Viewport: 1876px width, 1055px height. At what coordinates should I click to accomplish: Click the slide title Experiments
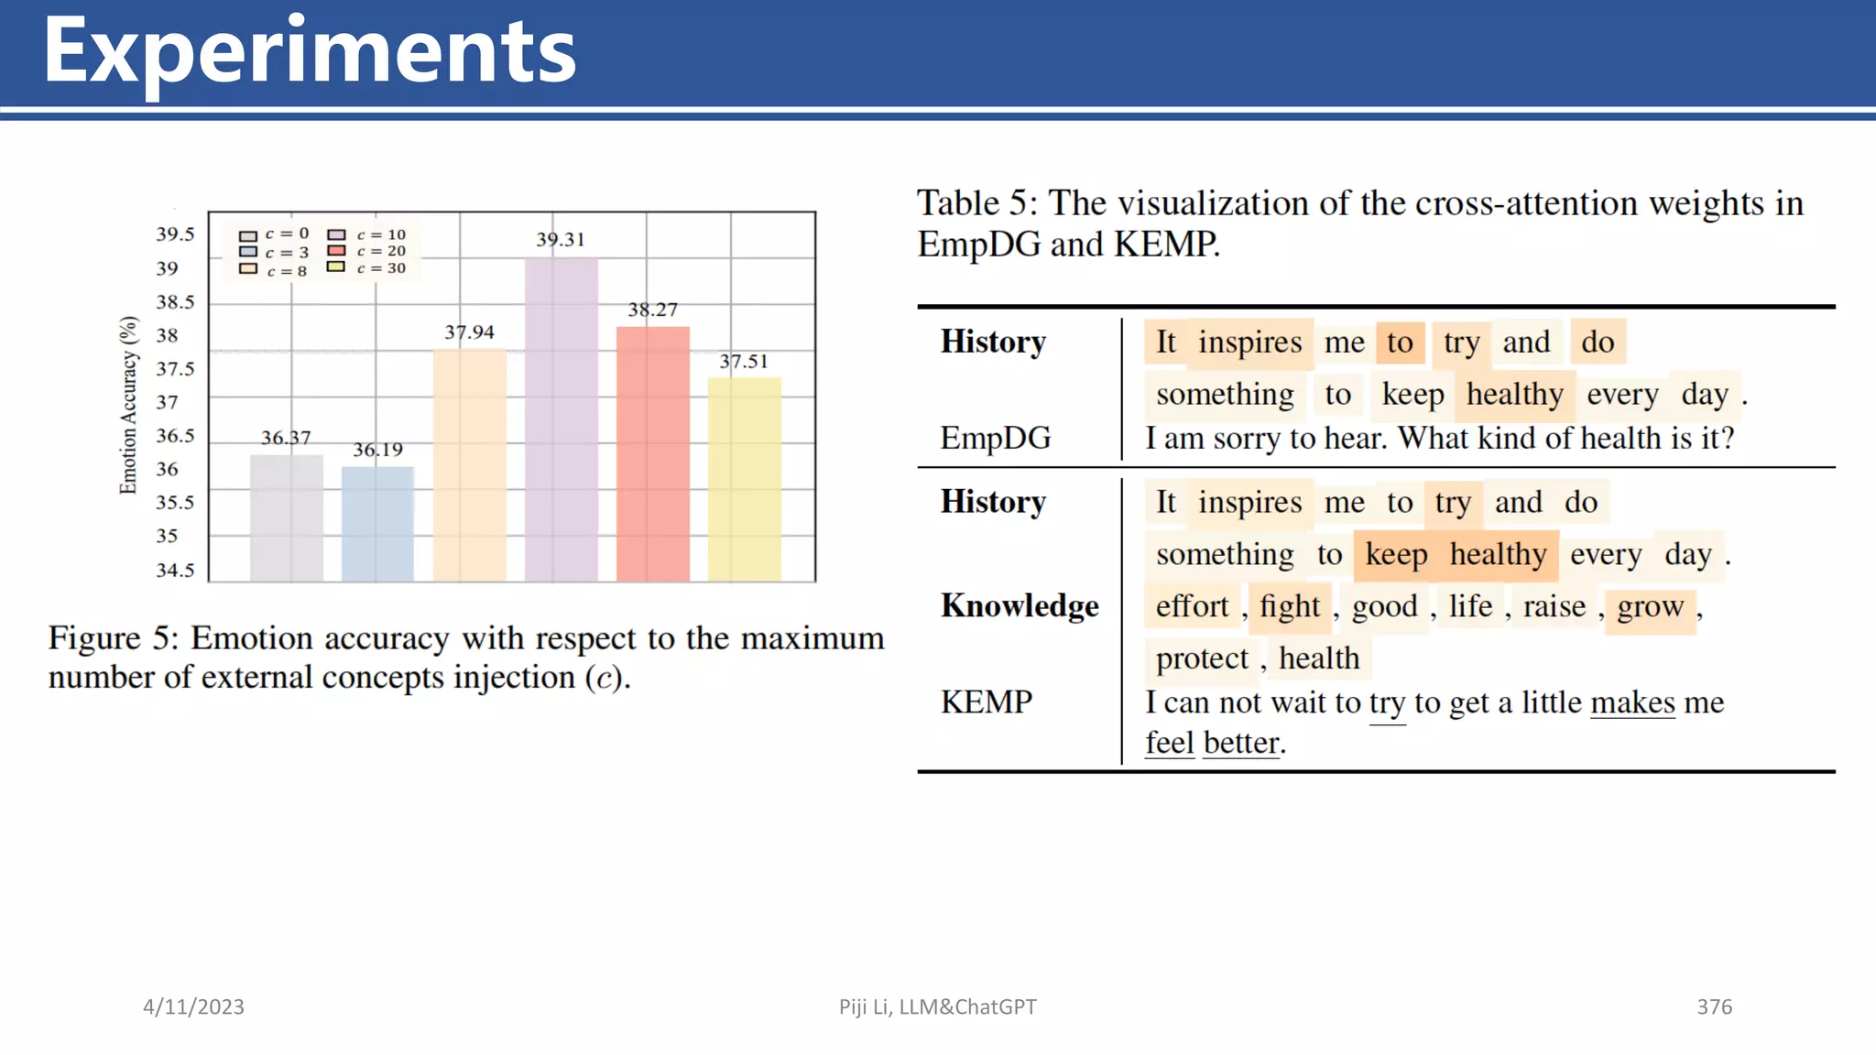click(310, 53)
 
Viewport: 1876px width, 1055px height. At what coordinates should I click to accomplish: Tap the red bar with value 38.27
click(652, 453)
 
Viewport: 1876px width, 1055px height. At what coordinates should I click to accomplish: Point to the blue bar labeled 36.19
click(377, 524)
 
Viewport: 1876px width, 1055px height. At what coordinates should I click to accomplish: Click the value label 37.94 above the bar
click(469, 332)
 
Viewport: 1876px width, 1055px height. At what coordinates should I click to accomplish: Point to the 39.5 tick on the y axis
click(175, 234)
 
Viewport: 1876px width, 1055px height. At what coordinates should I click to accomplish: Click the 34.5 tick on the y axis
click(175, 571)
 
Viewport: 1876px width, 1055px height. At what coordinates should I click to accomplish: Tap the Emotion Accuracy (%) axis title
click(128, 405)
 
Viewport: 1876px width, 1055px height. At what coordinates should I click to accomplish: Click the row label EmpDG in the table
click(996, 438)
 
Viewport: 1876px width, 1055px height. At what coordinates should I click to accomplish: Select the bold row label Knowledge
click(1020, 606)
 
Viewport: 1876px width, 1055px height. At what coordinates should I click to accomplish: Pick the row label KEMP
click(987, 702)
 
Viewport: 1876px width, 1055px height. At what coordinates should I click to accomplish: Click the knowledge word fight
click(1290, 606)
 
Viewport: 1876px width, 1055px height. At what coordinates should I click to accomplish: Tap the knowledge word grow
click(1650, 606)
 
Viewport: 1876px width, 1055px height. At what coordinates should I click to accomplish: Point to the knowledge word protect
click(1202, 658)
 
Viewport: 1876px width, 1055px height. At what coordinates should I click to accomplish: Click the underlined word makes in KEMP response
click(1632, 702)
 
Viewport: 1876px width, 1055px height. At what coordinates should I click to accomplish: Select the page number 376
click(1714, 1007)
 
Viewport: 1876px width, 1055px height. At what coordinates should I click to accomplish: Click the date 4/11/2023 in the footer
click(193, 1007)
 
